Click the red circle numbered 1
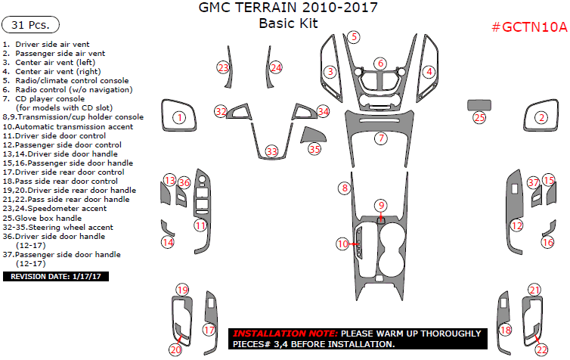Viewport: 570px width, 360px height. (179, 117)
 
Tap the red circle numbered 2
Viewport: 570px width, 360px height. (541, 117)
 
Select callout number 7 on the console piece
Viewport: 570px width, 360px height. (382, 138)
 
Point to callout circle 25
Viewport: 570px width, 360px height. (479, 117)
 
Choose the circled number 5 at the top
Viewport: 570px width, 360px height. (354, 36)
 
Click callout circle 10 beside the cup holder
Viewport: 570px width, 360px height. (343, 244)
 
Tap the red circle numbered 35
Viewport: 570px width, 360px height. (314, 149)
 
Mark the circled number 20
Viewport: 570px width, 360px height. (175, 349)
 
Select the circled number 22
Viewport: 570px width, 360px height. (541, 349)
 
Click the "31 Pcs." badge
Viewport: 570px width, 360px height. (30, 25)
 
